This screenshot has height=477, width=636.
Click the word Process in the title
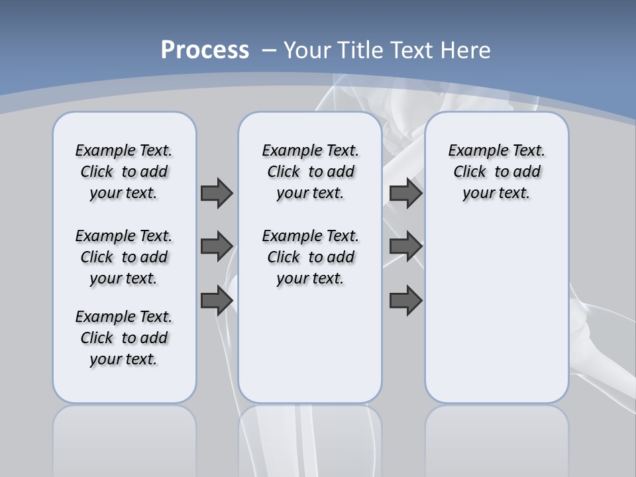click(x=205, y=50)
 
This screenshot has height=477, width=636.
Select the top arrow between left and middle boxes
click(x=217, y=193)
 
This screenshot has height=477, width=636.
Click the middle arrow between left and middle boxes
click(x=217, y=246)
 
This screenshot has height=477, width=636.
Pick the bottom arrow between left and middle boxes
click(x=217, y=300)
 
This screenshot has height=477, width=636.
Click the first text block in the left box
click(x=124, y=172)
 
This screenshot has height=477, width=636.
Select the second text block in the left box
click(x=124, y=257)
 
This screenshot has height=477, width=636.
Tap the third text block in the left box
click(x=124, y=338)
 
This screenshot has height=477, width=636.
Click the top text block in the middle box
click(x=310, y=172)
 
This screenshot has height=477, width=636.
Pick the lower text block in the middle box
click(x=310, y=257)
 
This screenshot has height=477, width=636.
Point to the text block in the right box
click(x=496, y=172)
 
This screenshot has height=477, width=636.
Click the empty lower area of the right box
click(x=496, y=311)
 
